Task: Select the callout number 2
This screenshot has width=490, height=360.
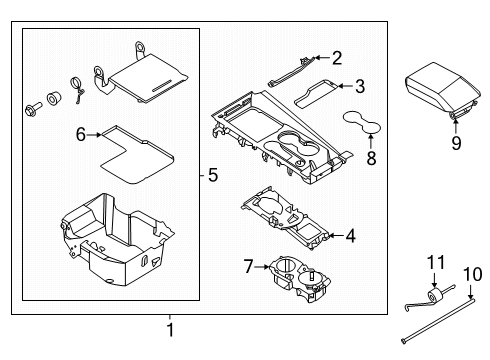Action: click(337, 58)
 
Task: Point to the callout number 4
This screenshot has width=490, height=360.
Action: click(350, 236)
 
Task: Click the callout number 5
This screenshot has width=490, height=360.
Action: click(212, 176)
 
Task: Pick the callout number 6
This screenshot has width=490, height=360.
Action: click(81, 131)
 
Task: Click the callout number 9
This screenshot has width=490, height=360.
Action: click(457, 142)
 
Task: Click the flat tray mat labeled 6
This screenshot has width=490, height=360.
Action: click(134, 151)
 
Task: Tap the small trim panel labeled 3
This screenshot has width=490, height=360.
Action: click(319, 91)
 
